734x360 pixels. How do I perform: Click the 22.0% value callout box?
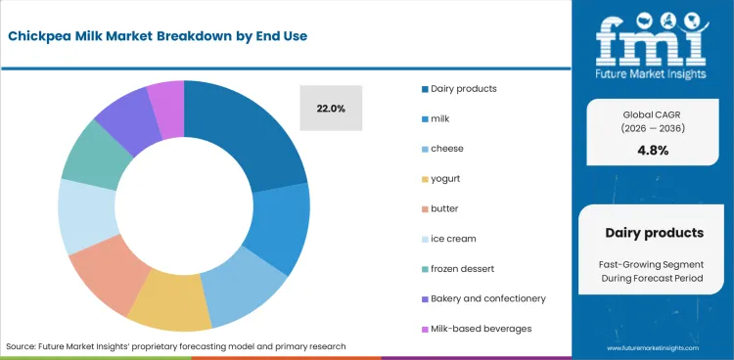pos(331,109)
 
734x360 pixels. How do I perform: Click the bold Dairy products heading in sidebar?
pos(654,233)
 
